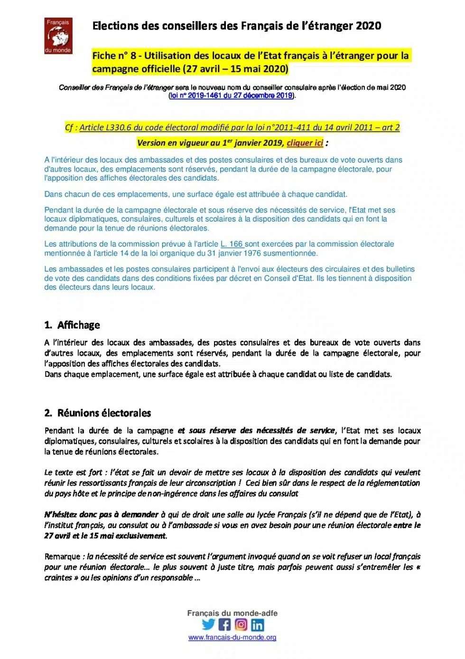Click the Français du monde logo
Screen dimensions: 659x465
click(x=58, y=36)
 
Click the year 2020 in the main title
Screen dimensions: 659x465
click(x=368, y=26)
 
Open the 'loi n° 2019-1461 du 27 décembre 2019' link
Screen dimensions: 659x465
click(x=231, y=96)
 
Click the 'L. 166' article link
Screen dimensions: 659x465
click(x=232, y=244)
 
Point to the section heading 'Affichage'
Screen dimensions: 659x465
click(x=78, y=325)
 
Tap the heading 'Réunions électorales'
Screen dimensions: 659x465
click(x=104, y=413)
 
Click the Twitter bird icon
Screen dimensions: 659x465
click(x=208, y=624)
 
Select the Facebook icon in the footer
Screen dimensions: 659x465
click(x=224, y=624)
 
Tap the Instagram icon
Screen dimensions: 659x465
click(x=241, y=624)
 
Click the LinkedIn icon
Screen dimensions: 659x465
click(x=258, y=624)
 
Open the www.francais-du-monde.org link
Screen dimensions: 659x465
click(x=232, y=638)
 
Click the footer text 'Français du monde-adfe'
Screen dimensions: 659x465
click(x=232, y=613)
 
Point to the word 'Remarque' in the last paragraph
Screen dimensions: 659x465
click(x=62, y=556)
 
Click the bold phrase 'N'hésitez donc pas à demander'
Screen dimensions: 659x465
click(x=101, y=515)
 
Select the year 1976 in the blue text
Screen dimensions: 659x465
click(x=252, y=253)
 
